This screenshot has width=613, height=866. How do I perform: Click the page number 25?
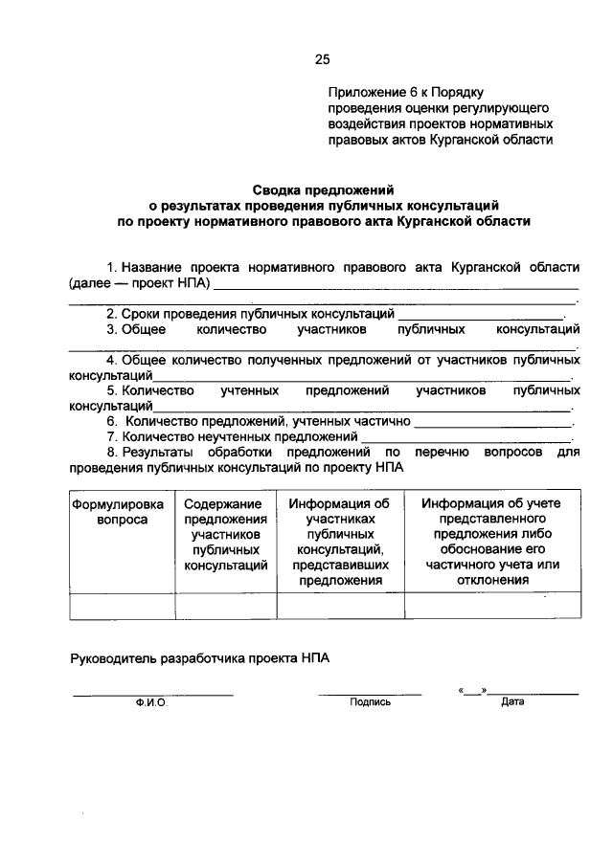point(322,59)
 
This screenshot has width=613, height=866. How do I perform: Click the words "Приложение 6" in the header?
point(369,93)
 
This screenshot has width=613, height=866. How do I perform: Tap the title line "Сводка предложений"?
point(324,189)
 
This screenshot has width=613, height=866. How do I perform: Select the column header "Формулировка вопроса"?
point(118,512)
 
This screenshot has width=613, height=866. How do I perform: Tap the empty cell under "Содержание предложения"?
point(225,607)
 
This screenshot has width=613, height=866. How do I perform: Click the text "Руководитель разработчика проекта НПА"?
point(204,658)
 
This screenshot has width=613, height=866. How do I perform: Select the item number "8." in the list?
point(112,453)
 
